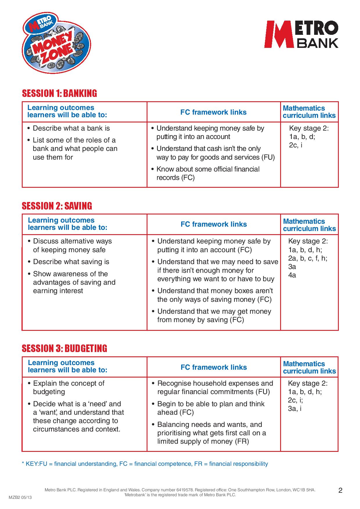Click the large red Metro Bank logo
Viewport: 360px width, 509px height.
click(301, 34)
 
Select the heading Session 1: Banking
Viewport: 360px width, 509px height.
click(60, 93)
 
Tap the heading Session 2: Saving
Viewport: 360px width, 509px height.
click(57, 206)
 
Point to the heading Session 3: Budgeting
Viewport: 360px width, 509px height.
click(64, 348)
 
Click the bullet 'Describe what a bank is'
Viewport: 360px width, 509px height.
click(71, 128)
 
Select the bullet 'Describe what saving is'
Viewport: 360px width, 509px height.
click(71, 262)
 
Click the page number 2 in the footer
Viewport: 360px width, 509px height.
click(341, 490)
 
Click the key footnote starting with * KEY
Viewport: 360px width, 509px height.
click(145, 464)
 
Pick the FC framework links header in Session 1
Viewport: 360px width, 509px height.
click(213, 112)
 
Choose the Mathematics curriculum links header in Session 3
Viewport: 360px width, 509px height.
click(309, 367)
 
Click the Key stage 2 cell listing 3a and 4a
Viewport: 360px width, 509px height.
click(308, 258)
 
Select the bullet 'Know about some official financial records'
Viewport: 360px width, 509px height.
click(208, 173)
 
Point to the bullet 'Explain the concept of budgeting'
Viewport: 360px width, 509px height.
click(69, 387)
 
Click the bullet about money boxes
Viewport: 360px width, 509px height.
click(215, 295)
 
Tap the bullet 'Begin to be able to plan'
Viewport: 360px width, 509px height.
click(211, 408)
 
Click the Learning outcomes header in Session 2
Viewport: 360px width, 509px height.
click(67, 224)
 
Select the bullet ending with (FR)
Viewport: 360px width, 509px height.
click(211, 433)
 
